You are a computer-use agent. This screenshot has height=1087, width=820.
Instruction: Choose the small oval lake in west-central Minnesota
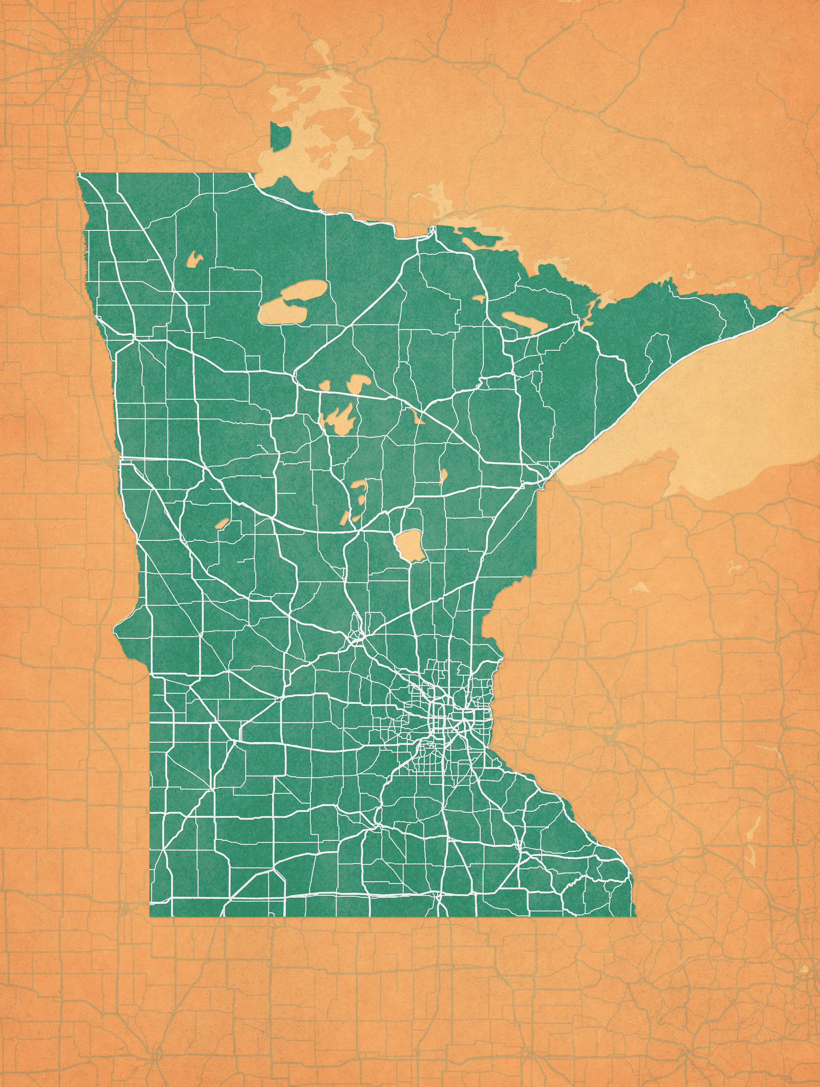[x=222, y=523]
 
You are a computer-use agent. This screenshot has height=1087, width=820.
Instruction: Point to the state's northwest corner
[x=78, y=174]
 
